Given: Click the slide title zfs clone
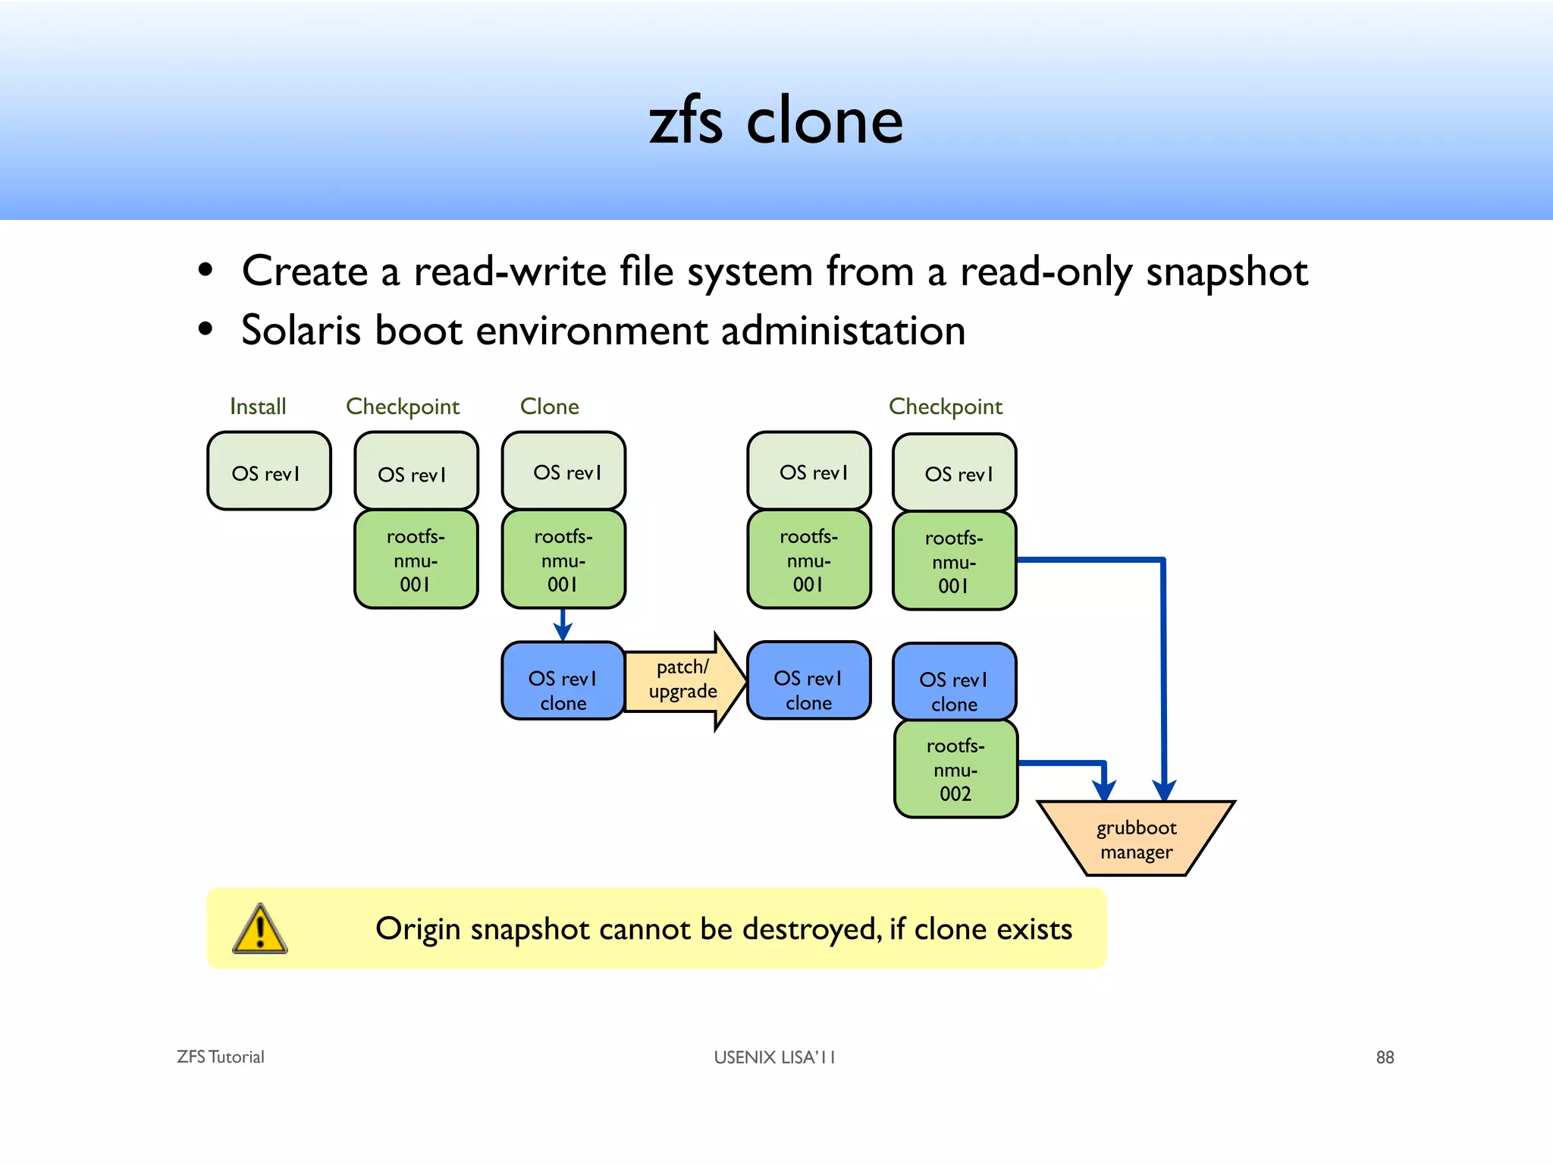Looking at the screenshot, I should [x=776, y=121].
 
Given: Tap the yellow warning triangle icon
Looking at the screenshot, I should [x=259, y=929].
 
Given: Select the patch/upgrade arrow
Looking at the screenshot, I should [x=682, y=680].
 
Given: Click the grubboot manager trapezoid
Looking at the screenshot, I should [x=1136, y=839].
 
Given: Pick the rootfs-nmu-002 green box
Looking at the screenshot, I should [x=955, y=769].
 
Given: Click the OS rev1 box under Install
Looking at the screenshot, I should [x=268, y=472].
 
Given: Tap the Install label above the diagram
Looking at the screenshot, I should [x=258, y=407].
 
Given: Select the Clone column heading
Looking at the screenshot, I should [x=549, y=407].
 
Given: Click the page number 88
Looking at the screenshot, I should [x=1385, y=1057].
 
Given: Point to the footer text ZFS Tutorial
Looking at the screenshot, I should [x=220, y=1057].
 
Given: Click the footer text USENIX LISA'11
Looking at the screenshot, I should [x=774, y=1057].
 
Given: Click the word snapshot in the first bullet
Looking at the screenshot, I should [x=1226, y=272].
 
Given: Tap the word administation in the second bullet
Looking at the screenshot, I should [x=842, y=331].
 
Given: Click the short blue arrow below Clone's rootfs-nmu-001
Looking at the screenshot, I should [x=563, y=624].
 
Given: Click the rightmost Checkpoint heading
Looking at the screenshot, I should [x=945, y=407].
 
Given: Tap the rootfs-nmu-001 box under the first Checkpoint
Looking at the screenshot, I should [x=416, y=560].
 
